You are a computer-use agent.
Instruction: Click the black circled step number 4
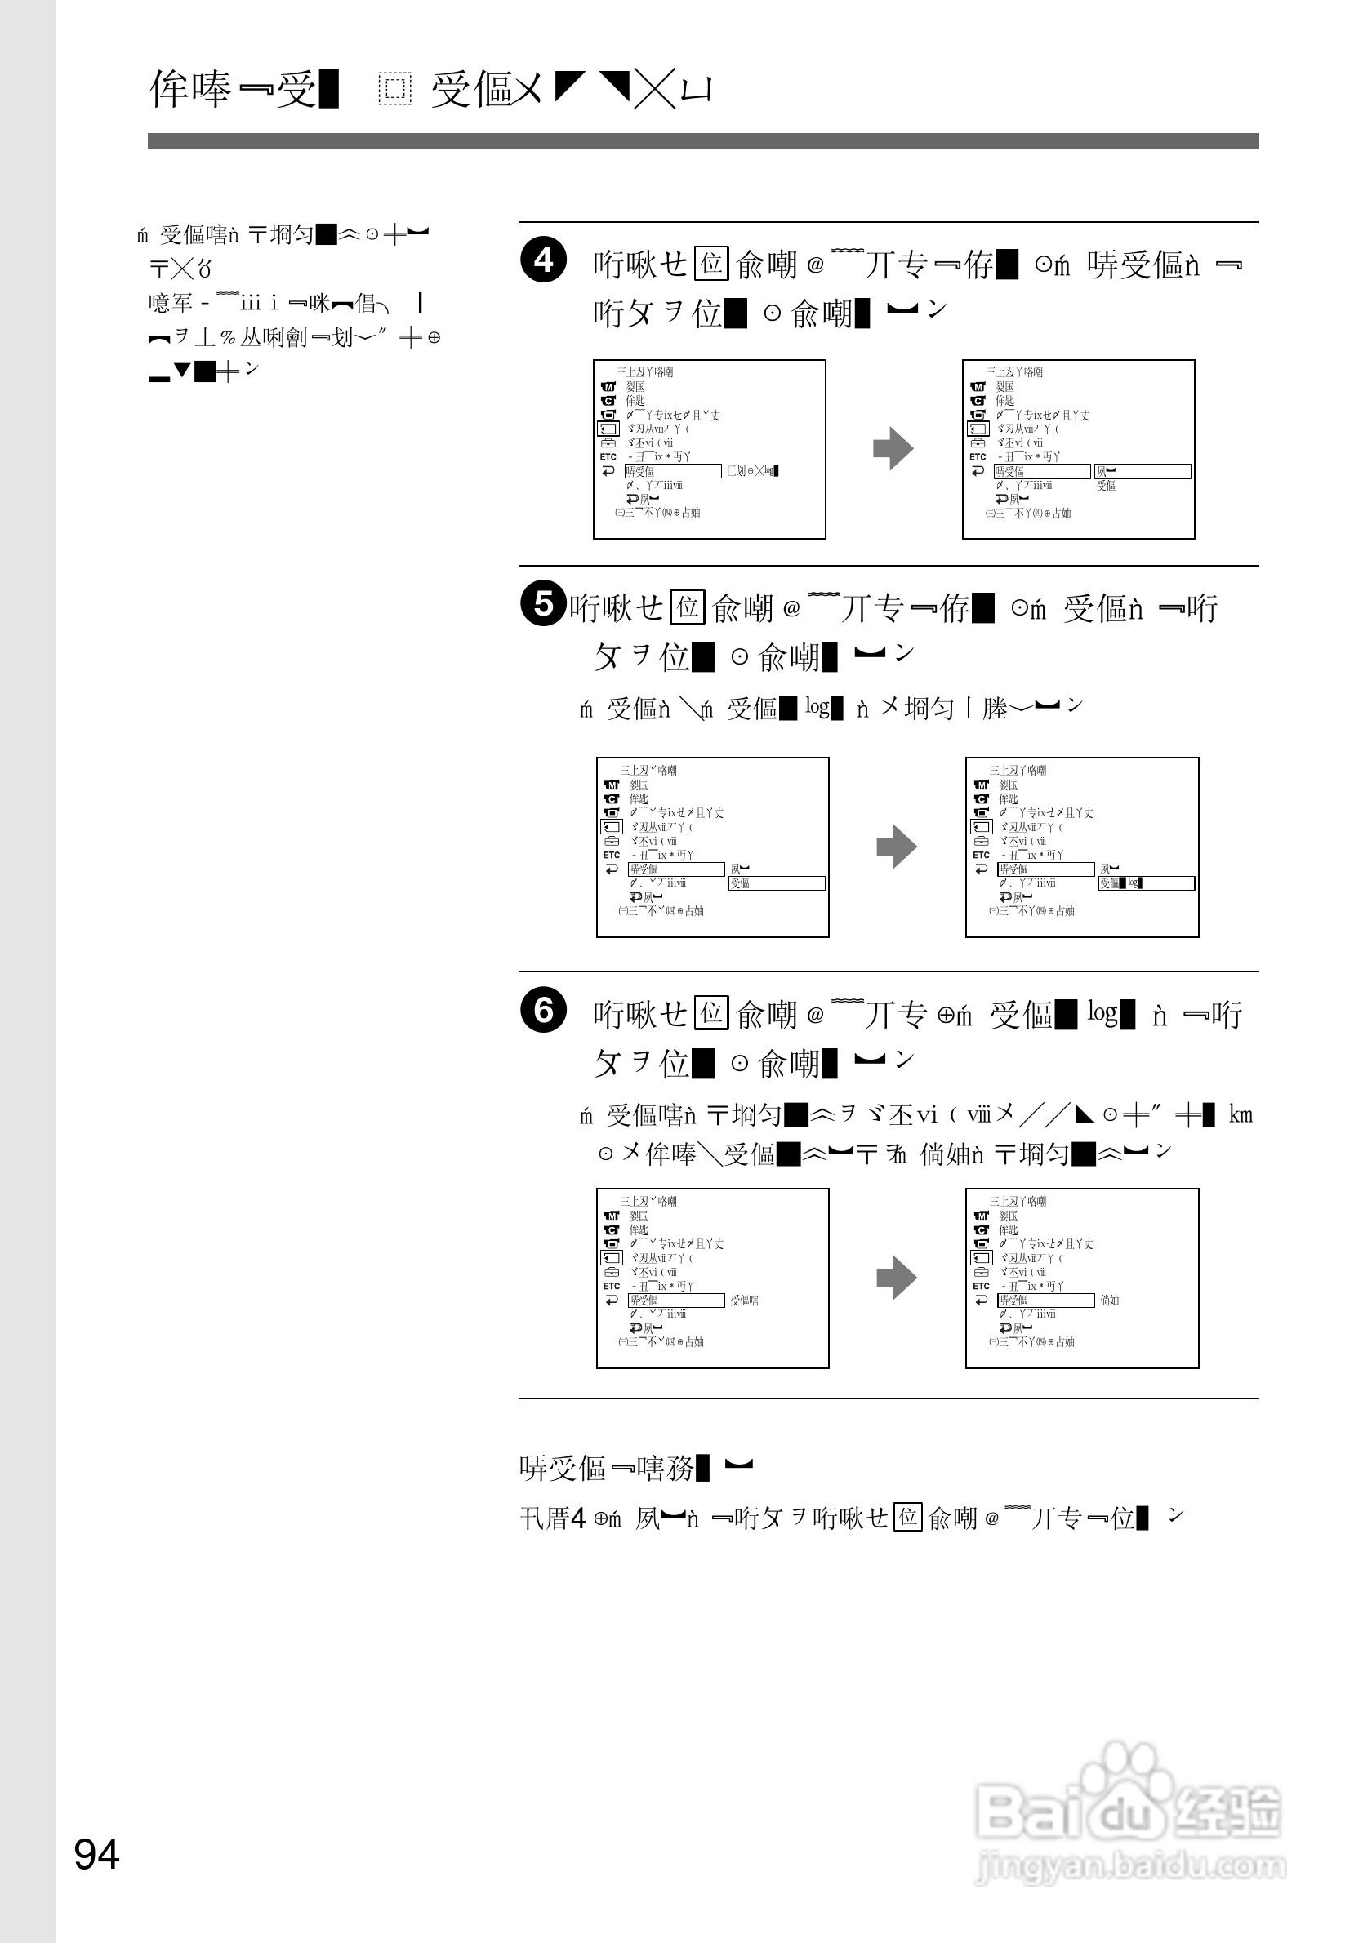point(542,260)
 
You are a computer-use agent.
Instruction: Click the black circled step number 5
point(542,603)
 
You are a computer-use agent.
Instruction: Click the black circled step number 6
point(542,1010)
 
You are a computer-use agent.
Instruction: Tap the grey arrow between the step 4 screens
point(893,448)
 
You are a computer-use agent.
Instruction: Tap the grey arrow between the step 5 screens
point(897,847)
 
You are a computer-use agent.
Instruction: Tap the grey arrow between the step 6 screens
point(897,1277)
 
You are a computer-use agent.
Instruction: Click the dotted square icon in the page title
point(394,89)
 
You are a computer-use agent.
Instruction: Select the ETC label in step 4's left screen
point(608,457)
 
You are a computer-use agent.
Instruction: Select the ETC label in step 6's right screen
point(981,1287)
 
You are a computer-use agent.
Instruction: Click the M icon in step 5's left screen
point(612,785)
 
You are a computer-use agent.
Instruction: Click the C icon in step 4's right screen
point(978,401)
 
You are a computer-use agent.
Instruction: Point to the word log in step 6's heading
point(1102,1012)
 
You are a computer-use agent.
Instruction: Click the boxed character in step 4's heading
point(711,263)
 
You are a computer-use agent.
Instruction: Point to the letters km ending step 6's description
point(1240,1114)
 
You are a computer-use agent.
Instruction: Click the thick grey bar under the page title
point(702,141)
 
